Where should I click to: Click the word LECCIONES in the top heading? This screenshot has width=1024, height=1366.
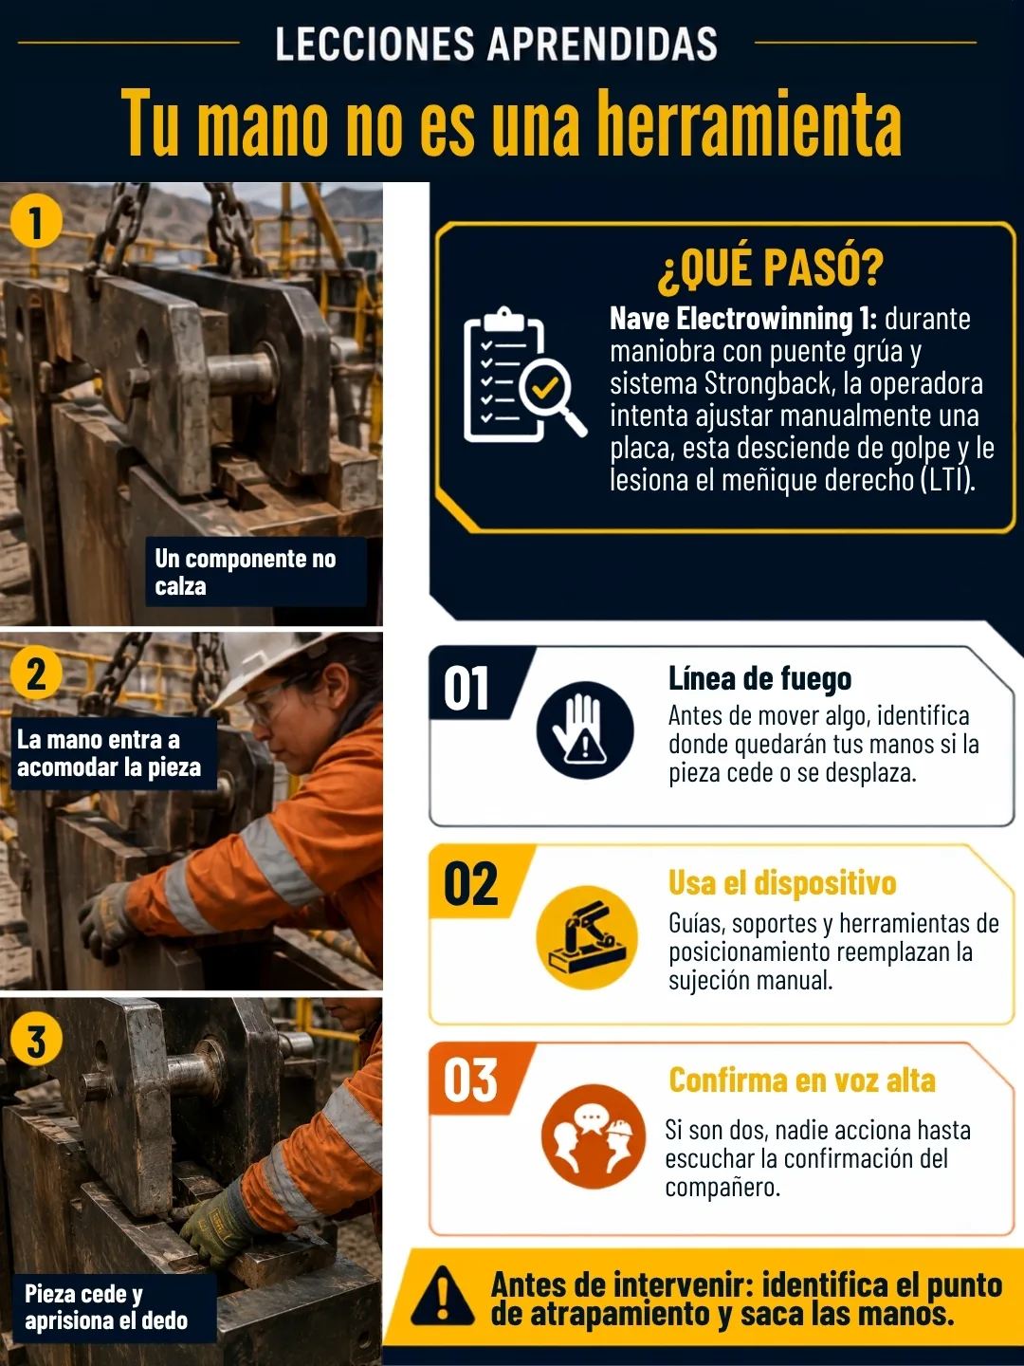tap(375, 44)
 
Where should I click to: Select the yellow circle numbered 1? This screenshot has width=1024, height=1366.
tap(36, 222)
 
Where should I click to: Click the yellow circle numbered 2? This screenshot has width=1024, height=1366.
tap(36, 674)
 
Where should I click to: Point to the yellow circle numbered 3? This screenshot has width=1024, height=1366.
tap(36, 1040)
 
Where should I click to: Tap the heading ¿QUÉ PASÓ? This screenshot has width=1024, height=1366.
tap(770, 268)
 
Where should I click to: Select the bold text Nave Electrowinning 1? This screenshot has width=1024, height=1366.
tap(743, 319)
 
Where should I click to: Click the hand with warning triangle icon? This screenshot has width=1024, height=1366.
tap(584, 730)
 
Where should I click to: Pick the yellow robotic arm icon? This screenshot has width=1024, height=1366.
tap(586, 936)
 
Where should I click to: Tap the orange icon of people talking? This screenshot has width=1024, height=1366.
tap(593, 1136)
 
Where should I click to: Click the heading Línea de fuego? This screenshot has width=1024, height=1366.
tap(759, 679)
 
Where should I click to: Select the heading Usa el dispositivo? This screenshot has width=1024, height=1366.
tap(782, 883)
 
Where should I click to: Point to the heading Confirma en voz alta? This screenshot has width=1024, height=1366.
tap(802, 1080)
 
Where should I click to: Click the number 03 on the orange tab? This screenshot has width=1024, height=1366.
tap(470, 1080)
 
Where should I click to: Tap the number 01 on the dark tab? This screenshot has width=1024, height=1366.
tap(466, 689)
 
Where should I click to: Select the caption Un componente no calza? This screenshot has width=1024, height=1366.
tap(246, 572)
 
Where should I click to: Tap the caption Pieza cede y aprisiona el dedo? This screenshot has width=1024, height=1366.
tap(105, 1307)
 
